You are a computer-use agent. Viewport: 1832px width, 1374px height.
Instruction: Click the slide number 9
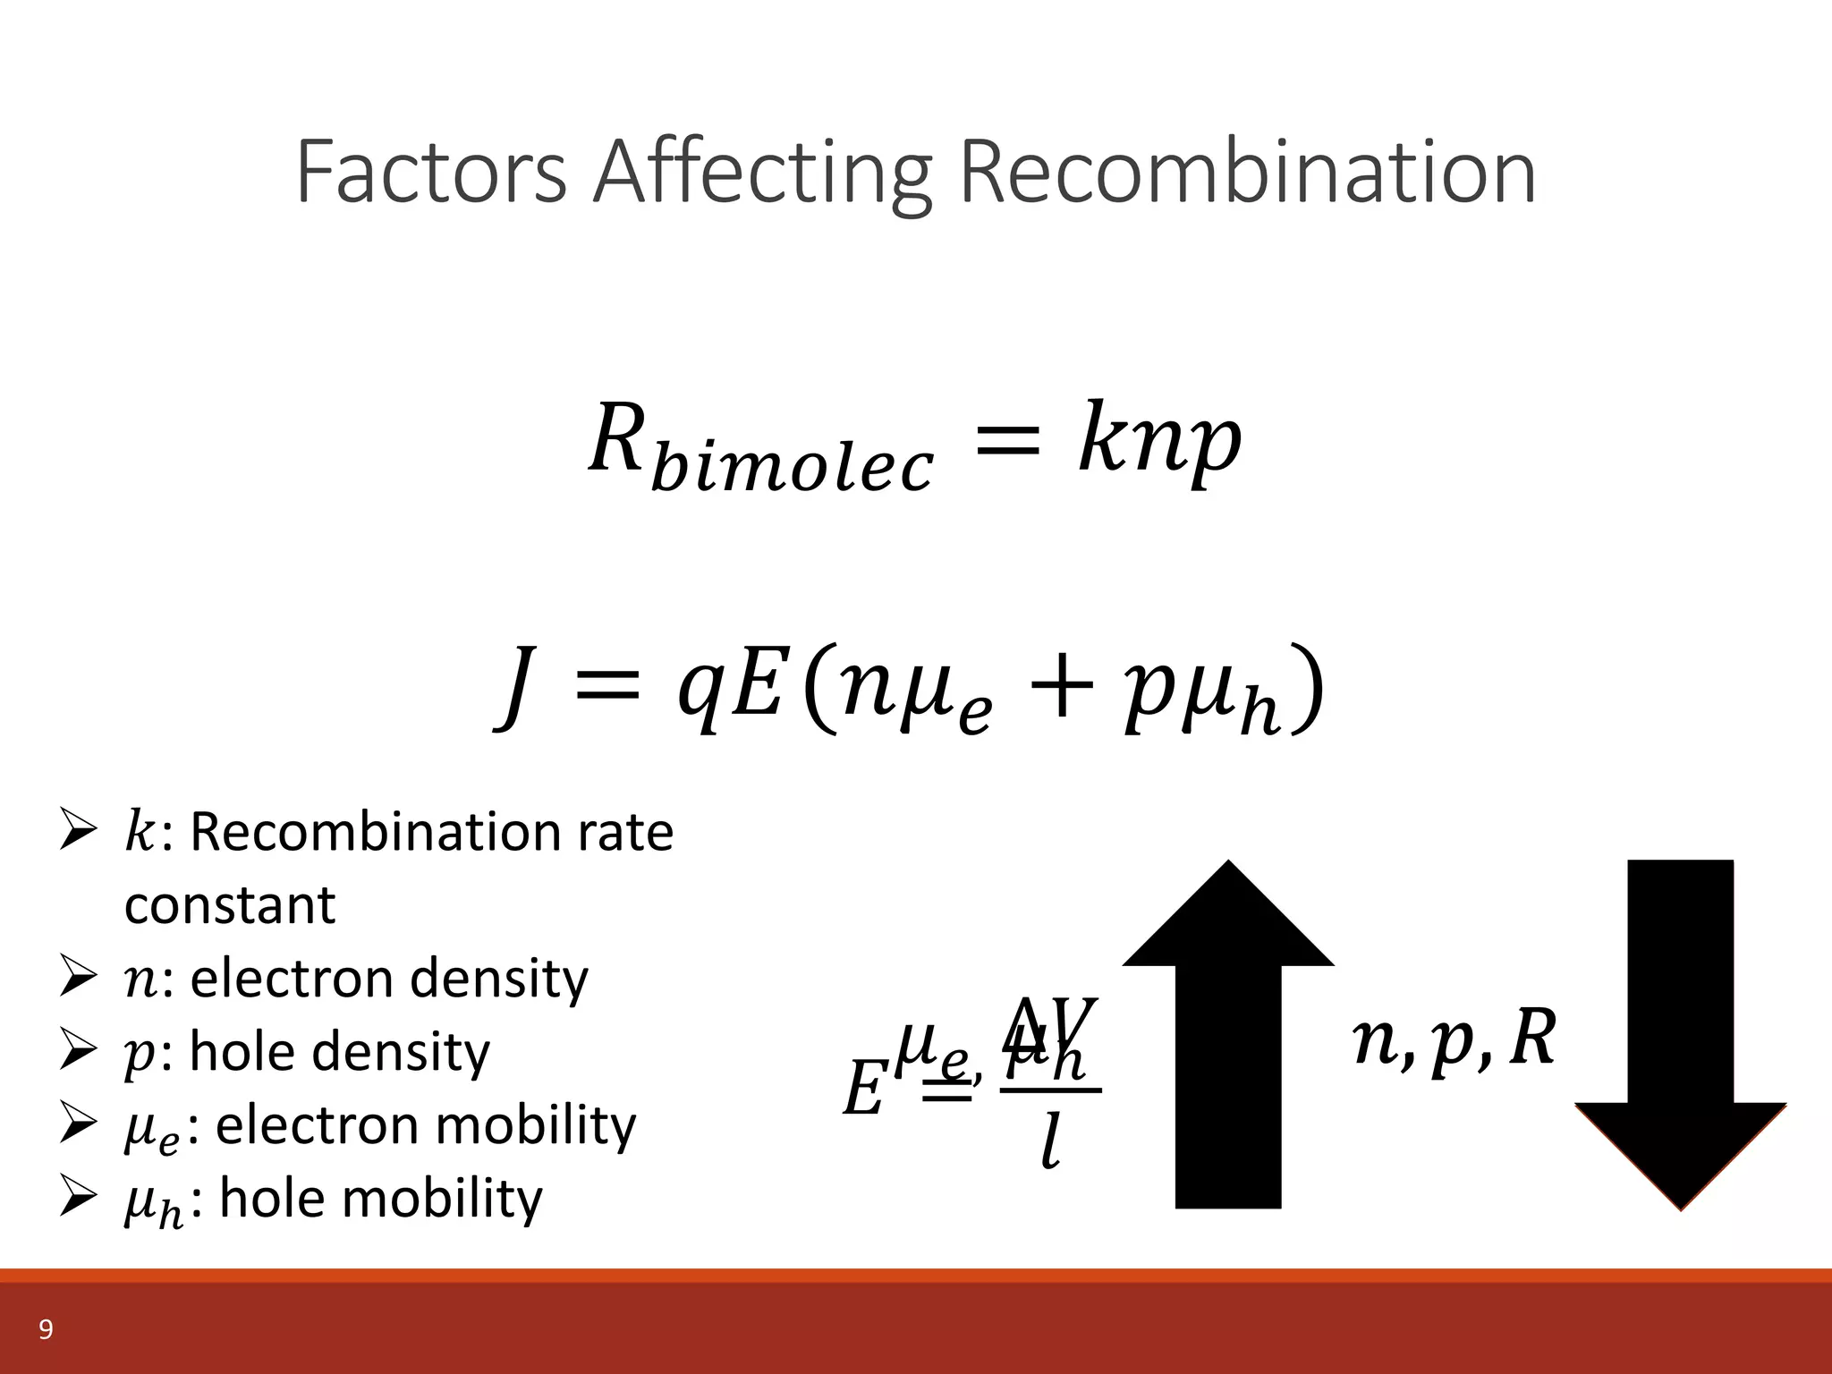tap(46, 1330)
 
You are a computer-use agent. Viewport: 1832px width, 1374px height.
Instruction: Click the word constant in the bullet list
tap(230, 905)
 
